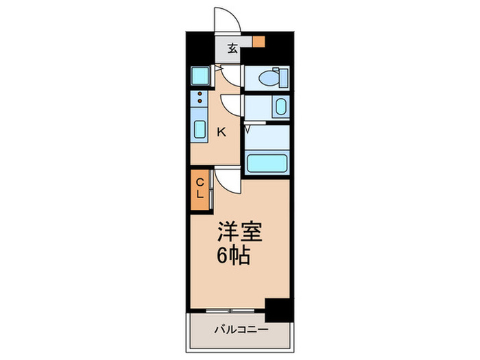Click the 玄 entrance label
coord(232,49)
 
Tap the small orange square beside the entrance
coord(258,41)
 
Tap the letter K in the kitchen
coord(221,132)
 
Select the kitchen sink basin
coord(200,129)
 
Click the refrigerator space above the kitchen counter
coord(200,75)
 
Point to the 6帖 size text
coord(233,257)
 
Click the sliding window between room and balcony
coord(227,310)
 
